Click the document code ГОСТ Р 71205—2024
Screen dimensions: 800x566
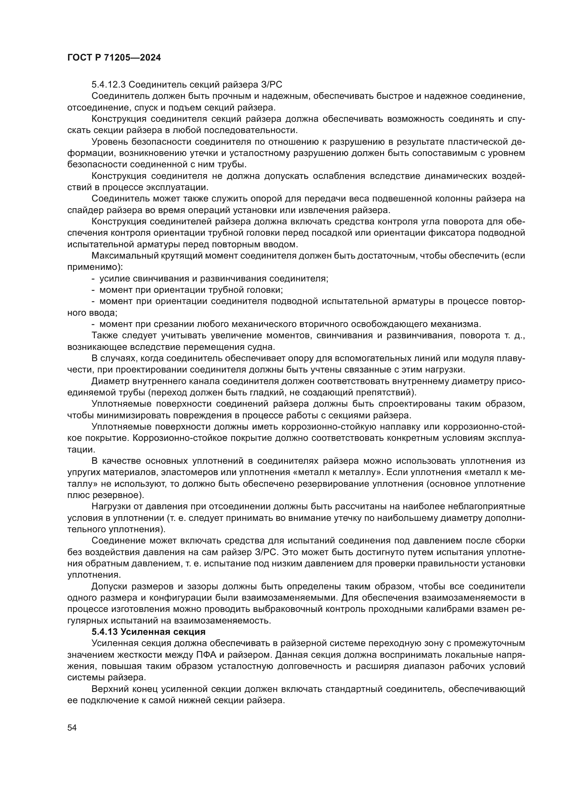114,58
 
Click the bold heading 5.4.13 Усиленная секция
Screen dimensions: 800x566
148,632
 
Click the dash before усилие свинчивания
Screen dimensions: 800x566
93,279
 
